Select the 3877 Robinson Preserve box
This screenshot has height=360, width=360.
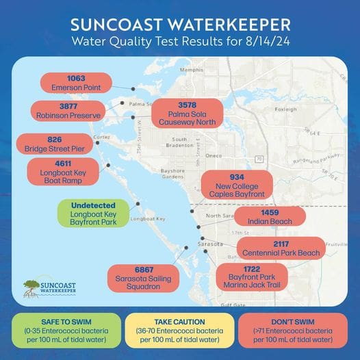(66, 111)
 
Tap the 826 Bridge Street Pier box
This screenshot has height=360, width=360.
(54, 144)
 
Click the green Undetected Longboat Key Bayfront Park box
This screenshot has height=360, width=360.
(93, 214)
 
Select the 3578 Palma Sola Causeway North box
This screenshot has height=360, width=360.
(187, 113)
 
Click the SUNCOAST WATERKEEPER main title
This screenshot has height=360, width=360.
(181, 24)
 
